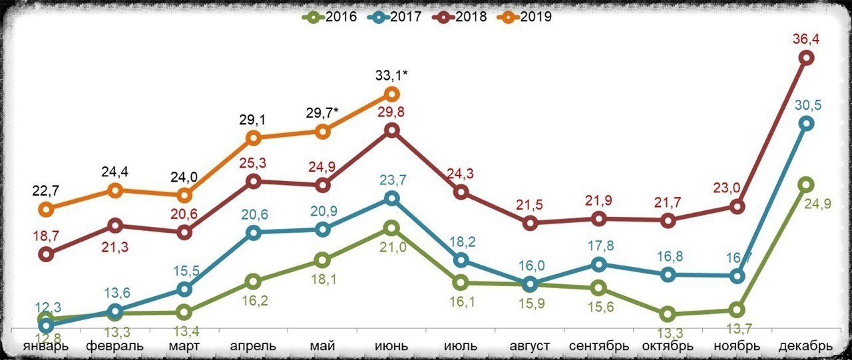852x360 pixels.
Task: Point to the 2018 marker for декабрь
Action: pos(805,58)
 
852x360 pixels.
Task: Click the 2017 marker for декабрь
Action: pos(805,123)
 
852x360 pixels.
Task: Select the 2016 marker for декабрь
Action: pos(805,184)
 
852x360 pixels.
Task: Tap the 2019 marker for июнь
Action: pos(392,94)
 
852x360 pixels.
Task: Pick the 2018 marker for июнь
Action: pos(392,130)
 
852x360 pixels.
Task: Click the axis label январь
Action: pos(45,347)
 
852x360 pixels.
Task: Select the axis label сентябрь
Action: pos(599,347)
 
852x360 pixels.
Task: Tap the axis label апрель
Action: pos(253,347)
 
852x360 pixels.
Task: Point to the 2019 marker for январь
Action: pos(46,210)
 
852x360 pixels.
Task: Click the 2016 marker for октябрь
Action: pos(668,314)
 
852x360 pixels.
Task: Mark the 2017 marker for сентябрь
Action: pos(599,264)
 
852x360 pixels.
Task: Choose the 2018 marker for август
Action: pos(530,223)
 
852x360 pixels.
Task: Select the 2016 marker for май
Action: pos(322,260)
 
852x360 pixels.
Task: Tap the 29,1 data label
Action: pos(254,120)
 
